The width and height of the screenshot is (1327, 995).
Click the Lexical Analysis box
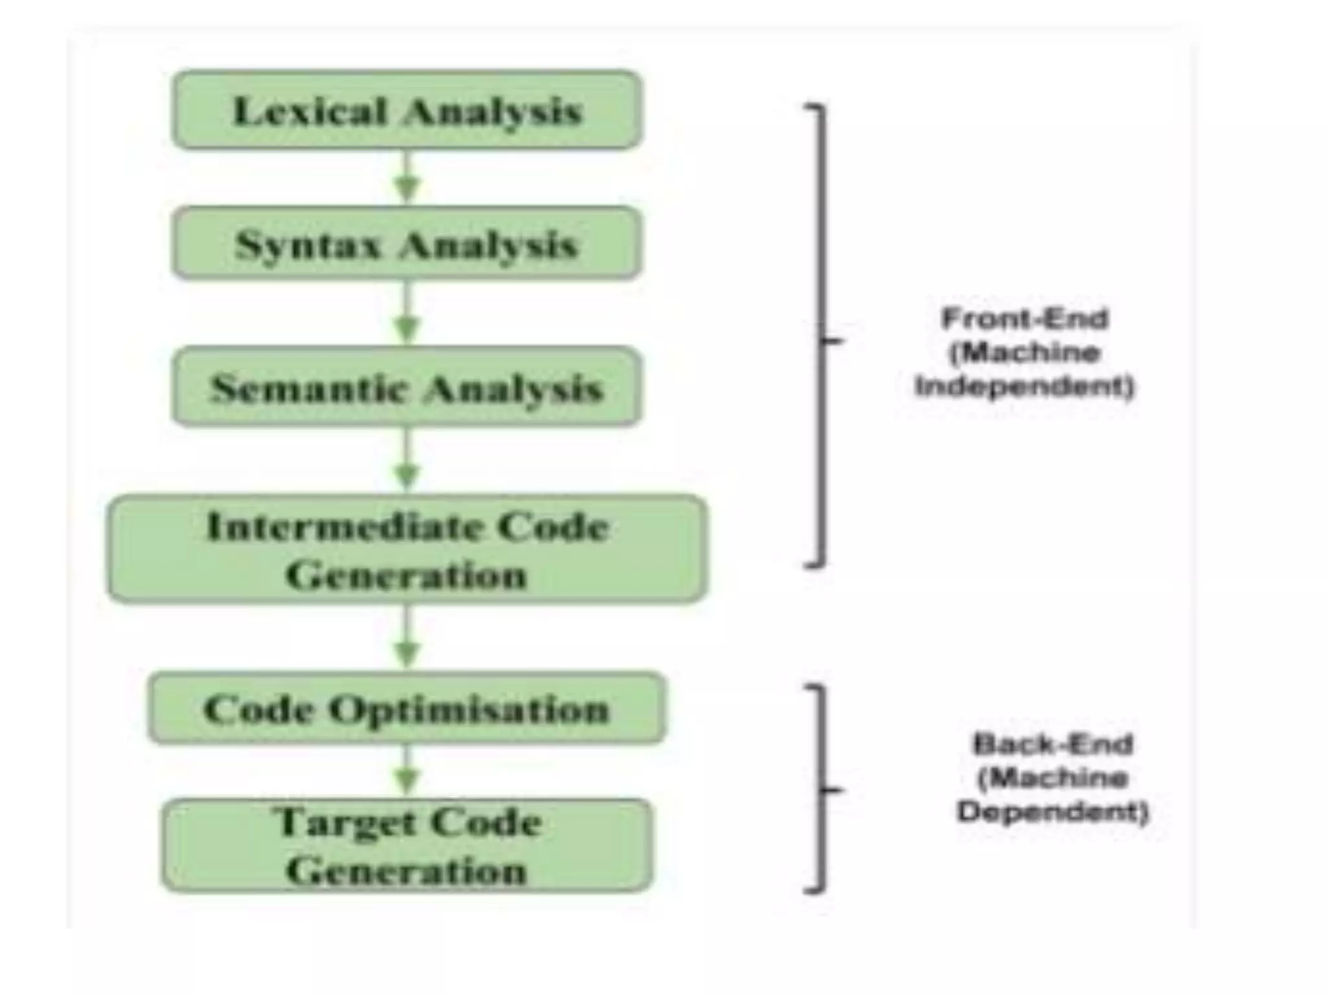pos(407,110)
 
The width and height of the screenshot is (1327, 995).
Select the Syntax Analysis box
pos(407,244)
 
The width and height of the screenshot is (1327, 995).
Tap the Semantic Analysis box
pos(407,387)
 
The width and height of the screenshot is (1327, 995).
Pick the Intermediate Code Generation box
pos(407,549)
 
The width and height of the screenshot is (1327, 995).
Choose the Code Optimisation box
pos(407,708)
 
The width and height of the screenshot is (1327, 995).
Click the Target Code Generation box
pos(407,846)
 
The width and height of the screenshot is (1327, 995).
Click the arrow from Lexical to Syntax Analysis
pos(407,178)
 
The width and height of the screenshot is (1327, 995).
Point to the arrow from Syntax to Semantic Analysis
pos(407,314)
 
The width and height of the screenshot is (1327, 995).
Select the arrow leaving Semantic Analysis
pos(407,461)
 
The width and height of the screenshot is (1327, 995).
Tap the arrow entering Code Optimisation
pos(407,638)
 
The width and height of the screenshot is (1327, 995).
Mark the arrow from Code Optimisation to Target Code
pos(407,771)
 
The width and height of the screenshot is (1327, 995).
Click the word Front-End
pos(1024,319)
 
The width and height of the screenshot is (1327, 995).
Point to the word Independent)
pos(1024,387)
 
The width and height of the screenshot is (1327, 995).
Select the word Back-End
pos(1053,744)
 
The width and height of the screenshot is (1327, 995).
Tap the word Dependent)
pos(1053,812)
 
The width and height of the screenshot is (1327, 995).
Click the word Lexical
pos(309,111)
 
